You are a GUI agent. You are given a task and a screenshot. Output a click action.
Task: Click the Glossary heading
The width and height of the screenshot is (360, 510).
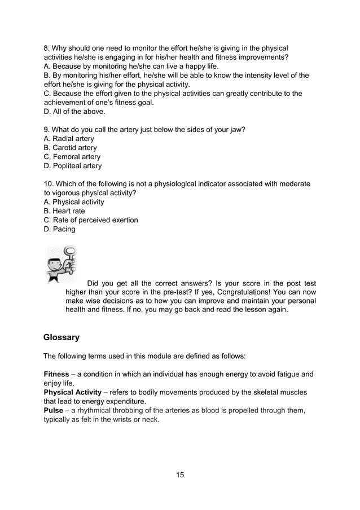(x=62, y=337)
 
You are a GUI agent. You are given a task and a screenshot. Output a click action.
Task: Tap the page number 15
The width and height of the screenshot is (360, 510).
(x=180, y=474)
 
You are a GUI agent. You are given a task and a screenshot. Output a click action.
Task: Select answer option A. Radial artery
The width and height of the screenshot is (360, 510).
(x=69, y=139)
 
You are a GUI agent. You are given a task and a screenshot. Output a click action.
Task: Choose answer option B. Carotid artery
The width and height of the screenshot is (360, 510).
(x=70, y=148)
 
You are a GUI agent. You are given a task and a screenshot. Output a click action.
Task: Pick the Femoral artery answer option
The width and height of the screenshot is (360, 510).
(x=72, y=157)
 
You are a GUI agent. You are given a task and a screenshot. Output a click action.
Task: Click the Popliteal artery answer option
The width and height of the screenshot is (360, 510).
(x=73, y=166)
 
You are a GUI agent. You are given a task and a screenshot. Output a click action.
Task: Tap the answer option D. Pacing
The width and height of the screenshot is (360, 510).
(x=59, y=229)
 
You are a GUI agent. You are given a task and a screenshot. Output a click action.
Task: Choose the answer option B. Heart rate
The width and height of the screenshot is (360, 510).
(x=64, y=211)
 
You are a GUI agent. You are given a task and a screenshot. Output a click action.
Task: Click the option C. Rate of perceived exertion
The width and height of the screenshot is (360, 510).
(x=91, y=220)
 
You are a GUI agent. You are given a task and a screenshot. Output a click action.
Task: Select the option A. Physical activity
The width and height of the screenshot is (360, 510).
(x=74, y=202)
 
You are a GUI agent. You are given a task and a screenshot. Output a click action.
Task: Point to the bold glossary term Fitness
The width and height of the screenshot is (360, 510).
(x=56, y=374)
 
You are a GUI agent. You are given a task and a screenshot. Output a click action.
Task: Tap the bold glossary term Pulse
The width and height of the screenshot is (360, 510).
(x=54, y=410)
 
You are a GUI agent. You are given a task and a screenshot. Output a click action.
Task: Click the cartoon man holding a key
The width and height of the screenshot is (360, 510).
(x=62, y=263)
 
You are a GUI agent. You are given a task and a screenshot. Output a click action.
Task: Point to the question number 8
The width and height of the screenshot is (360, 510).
(x=46, y=49)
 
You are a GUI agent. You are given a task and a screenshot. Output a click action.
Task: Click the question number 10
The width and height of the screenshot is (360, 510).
(x=49, y=184)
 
